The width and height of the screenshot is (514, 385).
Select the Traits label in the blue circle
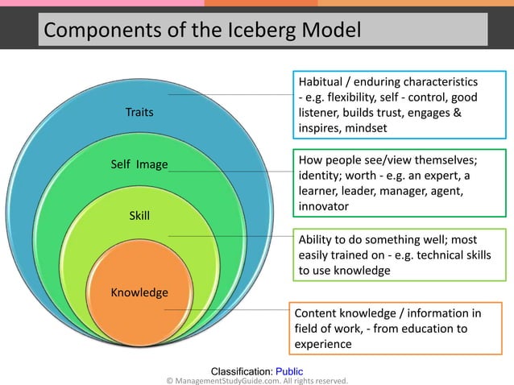coord(139,113)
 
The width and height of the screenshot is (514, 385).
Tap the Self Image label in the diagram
coord(139,165)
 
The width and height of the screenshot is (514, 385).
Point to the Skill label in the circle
coord(139,216)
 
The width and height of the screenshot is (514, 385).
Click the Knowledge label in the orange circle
coord(139,292)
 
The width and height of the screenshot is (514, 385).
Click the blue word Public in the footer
coord(289,371)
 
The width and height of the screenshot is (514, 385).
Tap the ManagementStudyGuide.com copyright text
coord(257,380)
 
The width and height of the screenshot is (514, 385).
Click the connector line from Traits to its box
coord(234,94)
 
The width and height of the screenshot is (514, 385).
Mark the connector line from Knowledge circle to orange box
coord(226,308)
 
